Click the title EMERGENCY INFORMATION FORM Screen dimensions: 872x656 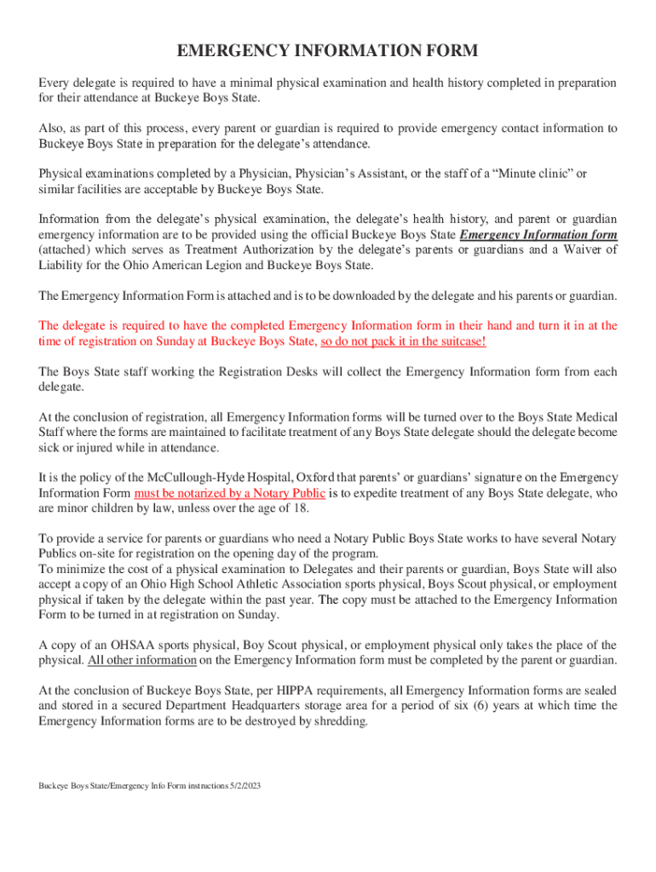pos(327,52)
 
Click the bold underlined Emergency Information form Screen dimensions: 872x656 pos(538,235)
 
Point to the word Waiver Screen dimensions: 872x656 pos(574,250)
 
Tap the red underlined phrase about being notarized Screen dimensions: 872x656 pos(230,494)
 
